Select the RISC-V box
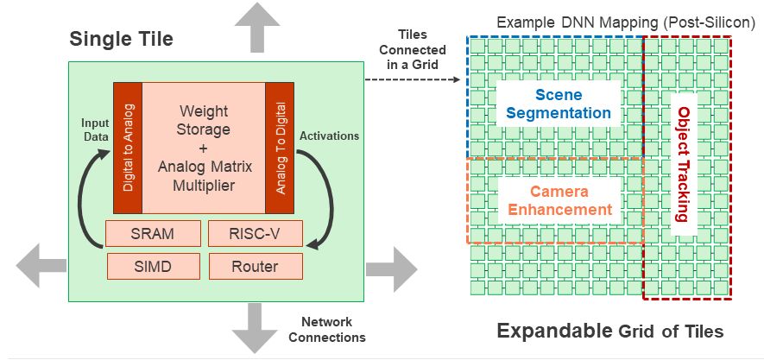click(x=255, y=234)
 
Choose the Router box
click(x=255, y=266)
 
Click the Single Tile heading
click(x=121, y=39)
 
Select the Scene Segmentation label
click(x=559, y=104)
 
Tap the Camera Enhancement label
click(x=559, y=200)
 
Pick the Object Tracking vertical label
click(x=684, y=164)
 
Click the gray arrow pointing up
click(x=256, y=28)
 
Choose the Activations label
click(x=329, y=136)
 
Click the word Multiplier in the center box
click(x=204, y=185)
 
